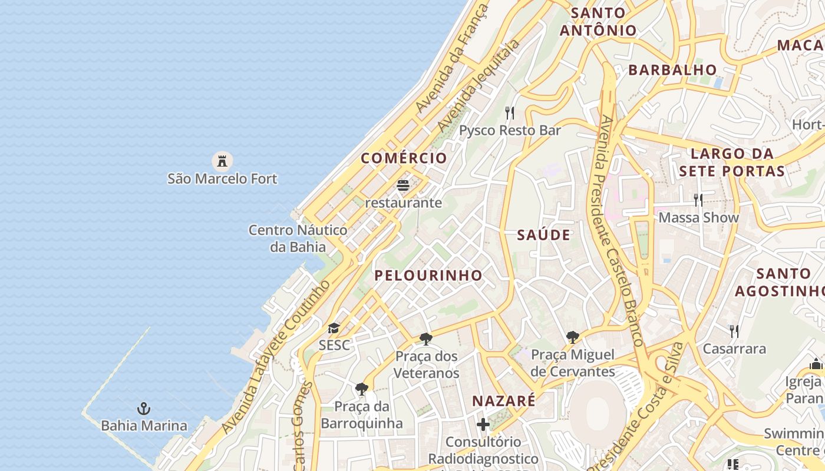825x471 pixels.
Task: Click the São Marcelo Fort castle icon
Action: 222,160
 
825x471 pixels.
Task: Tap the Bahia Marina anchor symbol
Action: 143,408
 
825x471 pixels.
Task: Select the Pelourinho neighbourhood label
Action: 428,275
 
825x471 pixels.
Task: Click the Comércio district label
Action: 404,158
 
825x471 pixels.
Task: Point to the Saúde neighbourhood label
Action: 543,235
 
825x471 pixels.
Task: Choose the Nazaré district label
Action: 504,401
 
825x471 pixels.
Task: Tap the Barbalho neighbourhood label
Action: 672,69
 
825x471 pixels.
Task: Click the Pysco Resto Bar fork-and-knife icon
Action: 510,112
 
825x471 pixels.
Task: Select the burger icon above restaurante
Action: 403,186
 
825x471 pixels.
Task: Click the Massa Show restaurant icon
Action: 698,200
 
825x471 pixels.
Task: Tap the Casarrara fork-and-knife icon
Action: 734,331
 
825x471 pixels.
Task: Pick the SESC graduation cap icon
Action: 334,328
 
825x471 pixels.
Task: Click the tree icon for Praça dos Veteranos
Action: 426,339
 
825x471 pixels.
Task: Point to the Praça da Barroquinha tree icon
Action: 362,389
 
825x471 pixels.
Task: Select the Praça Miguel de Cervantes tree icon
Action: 572,337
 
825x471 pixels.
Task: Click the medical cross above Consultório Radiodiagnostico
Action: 483,424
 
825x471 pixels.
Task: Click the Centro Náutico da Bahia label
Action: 298,238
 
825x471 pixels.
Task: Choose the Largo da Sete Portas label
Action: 731,162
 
